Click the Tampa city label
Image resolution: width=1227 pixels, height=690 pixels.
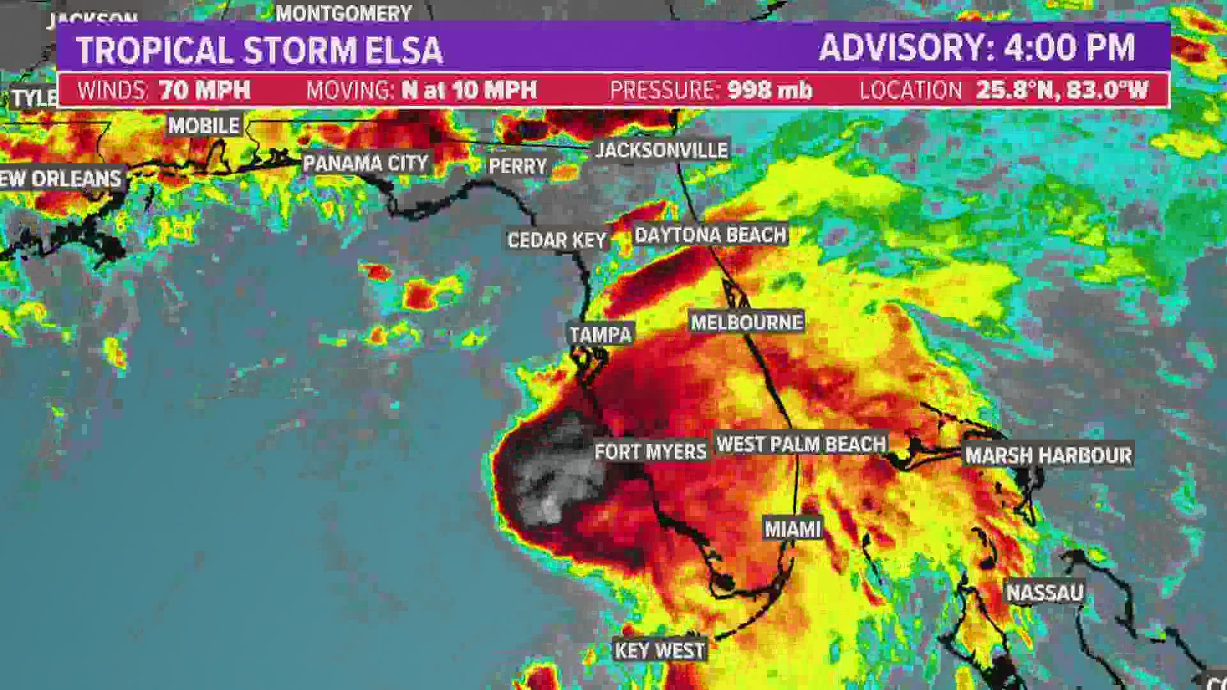tap(600, 334)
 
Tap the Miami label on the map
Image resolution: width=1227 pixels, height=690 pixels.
tap(792, 529)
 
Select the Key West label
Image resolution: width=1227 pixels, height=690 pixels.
tap(660, 650)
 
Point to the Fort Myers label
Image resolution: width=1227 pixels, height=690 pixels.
tap(650, 452)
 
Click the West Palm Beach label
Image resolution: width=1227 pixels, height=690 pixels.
tap(801, 444)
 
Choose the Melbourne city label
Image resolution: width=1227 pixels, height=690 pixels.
tap(746, 322)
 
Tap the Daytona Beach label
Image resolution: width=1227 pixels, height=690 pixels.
tap(710, 235)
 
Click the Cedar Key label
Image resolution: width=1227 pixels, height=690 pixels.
tap(556, 240)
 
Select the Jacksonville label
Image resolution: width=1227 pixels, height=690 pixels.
tap(661, 150)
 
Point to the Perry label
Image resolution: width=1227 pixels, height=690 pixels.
tap(518, 167)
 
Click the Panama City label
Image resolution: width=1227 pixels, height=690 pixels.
tap(366, 163)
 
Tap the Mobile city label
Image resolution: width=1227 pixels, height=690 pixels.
tap(204, 125)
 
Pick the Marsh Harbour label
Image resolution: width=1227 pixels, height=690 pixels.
tap(1048, 456)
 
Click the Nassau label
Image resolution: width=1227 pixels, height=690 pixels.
tap(1045, 593)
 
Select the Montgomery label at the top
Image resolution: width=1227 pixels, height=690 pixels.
tap(344, 13)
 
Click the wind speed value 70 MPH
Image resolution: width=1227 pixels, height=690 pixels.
tap(205, 90)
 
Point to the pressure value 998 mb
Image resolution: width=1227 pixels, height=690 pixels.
tap(770, 90)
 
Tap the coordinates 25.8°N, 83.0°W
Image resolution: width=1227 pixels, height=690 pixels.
tap(1062, 90)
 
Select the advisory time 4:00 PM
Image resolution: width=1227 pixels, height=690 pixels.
tap(1069, 47)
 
